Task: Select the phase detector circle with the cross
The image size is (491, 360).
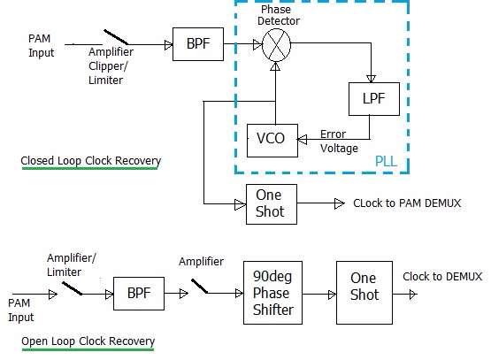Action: pos(275,42)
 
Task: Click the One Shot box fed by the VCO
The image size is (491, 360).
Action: pos(271,204)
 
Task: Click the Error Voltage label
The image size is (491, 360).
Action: pos(339,142)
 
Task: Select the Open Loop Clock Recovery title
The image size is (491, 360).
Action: pos(88,341)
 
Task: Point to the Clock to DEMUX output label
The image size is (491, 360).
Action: pos(442,277)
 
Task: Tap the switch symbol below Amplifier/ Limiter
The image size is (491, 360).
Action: pos(69,285)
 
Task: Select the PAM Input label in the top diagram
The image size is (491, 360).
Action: pos(41,46)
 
